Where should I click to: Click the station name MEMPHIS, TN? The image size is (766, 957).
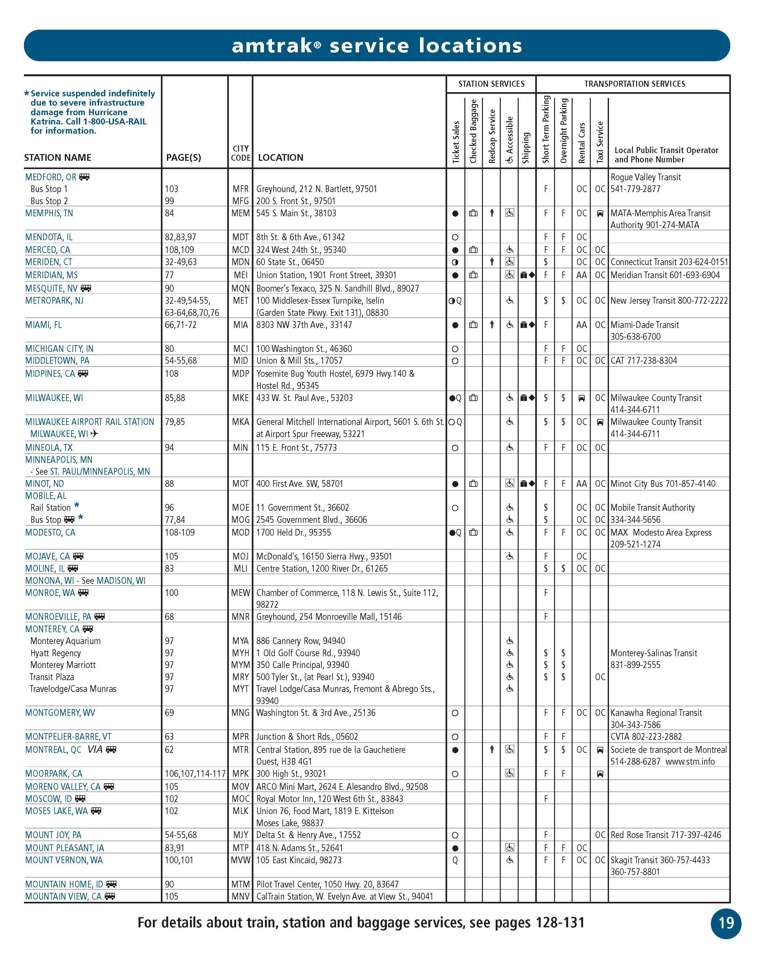coord(49,213)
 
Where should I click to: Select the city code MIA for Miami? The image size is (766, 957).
coord(240,324)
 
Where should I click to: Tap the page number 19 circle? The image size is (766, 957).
coord(726,923)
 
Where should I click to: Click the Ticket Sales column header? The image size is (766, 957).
coord(455,142)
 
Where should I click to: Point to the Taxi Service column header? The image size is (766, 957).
coord(600,142)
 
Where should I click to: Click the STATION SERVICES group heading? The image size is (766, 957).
coord(491,84)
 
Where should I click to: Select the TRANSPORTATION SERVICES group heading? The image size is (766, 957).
coord(634,84)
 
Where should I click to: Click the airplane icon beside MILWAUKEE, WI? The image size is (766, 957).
coord(94,434)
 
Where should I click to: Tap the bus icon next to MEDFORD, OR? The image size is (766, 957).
coord(84,177)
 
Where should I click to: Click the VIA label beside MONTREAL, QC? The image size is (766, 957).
coord(94,749)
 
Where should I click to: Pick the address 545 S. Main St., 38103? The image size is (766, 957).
coord(296,213)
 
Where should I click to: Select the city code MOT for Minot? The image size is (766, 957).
coord(240,483)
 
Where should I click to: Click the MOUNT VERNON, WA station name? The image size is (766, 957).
coord(64,860)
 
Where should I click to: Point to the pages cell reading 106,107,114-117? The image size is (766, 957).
coord(195,773)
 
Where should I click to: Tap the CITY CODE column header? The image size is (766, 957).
coord(241,153)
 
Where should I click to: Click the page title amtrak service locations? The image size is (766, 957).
coord(377,46)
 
